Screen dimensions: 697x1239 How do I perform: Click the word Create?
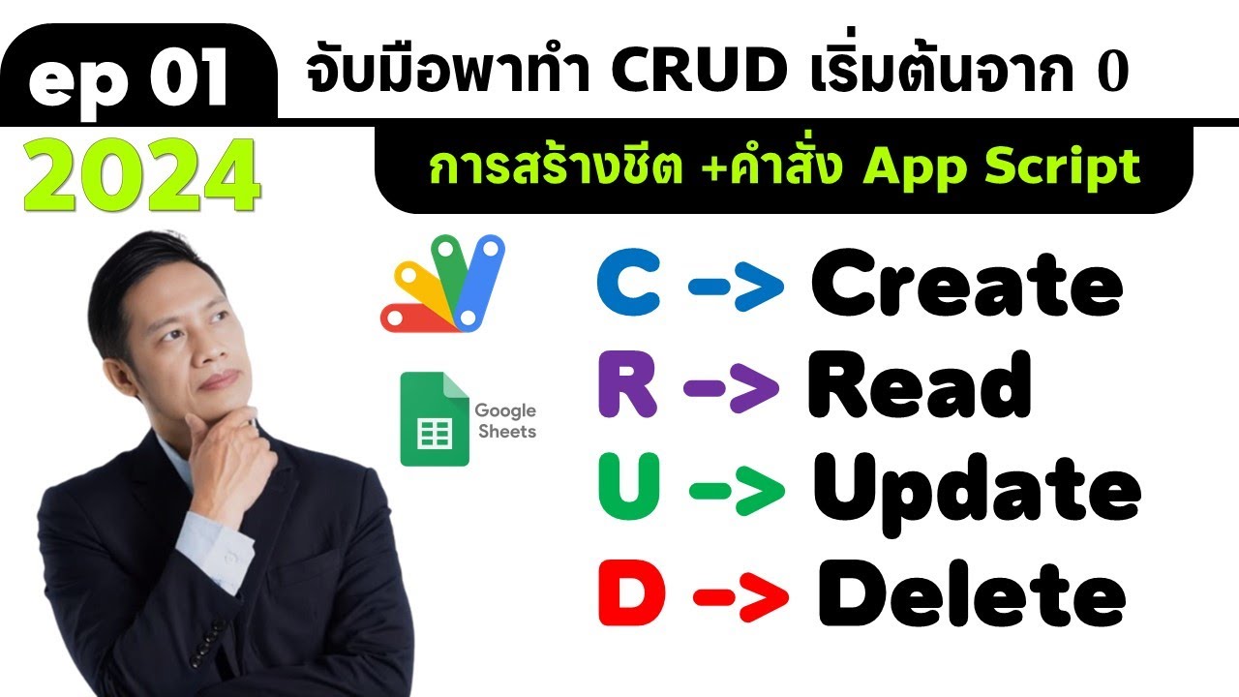966,285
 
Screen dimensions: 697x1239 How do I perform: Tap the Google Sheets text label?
504,421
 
